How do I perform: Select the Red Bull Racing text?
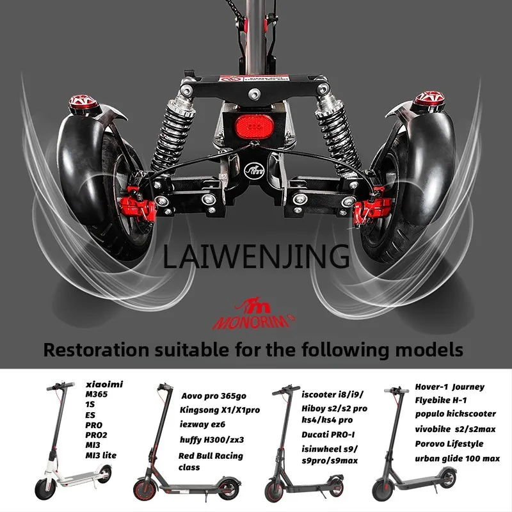pyautogui.click(x=211, y=456)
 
